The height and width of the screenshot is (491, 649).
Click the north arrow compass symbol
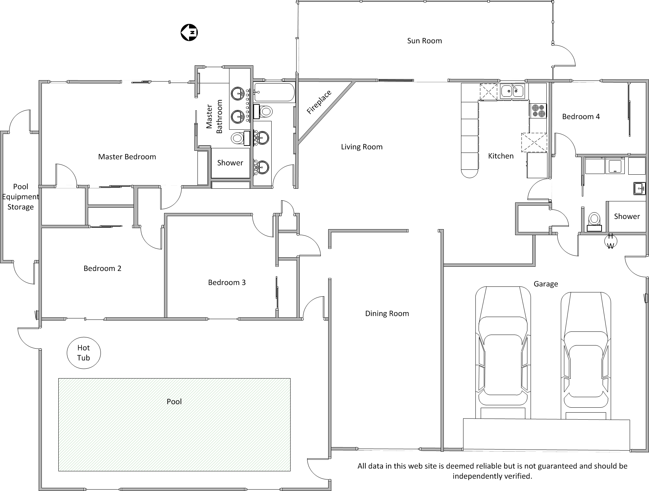coord(189,33)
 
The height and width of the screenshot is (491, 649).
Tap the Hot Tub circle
coord(84,353)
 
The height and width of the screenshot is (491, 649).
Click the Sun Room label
coord(424,41)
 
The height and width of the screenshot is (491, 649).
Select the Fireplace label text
coord(319,102)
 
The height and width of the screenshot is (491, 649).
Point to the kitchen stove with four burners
coord(538,111)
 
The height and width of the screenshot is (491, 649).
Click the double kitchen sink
coord(512,91)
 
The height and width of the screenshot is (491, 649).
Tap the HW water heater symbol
coord(610,241)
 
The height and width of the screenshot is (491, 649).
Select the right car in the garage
coord(585,355)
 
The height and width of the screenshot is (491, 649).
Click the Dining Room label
coord(387,314)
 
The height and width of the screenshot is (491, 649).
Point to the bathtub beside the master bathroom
coord(274,92)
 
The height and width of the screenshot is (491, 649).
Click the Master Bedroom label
coord(127,157)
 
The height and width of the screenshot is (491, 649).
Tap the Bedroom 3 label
coord(227,283)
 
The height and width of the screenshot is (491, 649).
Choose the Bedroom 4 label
coord(581,117)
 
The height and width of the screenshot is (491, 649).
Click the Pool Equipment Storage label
coord(20,197)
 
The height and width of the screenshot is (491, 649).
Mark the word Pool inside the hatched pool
coord(174,402)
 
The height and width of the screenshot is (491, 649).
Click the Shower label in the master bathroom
coord(230,163)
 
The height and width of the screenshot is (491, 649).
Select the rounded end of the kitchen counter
coord(469,173)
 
